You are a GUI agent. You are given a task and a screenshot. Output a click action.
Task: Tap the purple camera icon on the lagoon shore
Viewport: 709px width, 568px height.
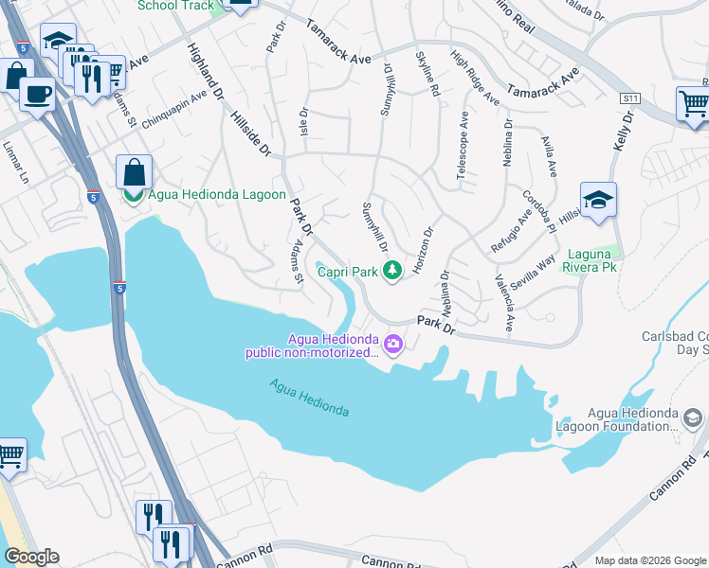coord(394,346)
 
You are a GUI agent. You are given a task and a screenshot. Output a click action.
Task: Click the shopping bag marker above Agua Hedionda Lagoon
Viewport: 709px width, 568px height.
coord(134,172)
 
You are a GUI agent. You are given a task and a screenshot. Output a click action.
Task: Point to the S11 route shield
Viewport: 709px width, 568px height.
coord(630,98)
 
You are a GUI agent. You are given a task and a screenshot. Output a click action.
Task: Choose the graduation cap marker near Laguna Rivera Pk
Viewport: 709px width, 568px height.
coord(598,199)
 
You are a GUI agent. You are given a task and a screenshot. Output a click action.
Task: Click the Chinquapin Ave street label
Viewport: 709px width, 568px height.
coord(173,112)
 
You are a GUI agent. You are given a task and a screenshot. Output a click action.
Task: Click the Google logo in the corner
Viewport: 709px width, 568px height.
coord(30,557)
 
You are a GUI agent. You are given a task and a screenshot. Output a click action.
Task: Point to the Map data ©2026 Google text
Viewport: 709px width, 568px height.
coord(649,560)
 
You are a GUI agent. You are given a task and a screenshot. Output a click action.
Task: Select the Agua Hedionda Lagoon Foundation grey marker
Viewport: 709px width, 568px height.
coord(693,417)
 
